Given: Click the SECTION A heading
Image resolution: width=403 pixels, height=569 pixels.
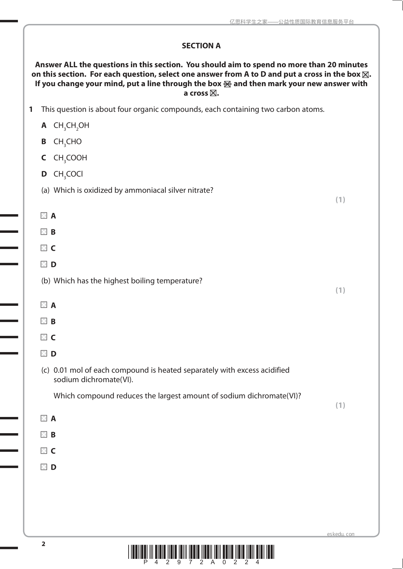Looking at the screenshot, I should (201, 46).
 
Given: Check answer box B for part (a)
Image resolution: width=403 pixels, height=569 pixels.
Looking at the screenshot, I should (44, 232).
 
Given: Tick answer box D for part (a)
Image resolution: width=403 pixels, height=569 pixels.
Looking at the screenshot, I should (44, 264).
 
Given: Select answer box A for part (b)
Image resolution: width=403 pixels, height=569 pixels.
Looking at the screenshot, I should (44, 305).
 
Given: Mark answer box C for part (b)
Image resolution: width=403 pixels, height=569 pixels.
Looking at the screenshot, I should (44, 337).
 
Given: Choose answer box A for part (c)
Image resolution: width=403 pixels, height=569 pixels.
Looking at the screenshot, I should (44, 418).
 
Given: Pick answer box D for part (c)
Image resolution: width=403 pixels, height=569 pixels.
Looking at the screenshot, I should (44, 467).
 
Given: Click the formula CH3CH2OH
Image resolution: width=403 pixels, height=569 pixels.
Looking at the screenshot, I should (71, 126).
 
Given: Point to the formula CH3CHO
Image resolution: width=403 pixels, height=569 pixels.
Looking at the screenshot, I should (67, 142).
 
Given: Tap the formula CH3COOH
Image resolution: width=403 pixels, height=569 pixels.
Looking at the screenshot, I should (70, 158).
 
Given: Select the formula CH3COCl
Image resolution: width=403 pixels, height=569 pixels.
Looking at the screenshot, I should (68, 174).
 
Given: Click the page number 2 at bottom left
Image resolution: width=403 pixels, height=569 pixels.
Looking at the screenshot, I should (43, 544).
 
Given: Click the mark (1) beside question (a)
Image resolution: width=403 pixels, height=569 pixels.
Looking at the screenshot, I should (340, 200).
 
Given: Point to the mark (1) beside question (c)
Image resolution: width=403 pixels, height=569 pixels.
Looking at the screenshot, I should (340, 405).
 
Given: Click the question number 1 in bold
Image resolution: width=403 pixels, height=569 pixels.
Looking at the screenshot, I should (31, 109).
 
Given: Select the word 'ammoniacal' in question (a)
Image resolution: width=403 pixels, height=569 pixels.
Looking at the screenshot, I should (145, 191).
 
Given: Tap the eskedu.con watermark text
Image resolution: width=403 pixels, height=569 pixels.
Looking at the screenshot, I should (340, 534).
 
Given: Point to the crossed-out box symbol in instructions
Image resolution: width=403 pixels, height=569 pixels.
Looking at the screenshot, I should (227, 84).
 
